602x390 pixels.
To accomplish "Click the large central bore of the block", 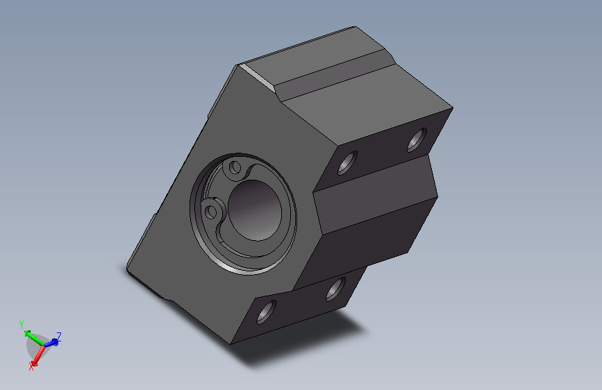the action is coord(255,210).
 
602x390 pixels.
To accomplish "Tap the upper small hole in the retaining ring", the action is coord(235,167).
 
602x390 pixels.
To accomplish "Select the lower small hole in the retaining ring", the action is coord(211,212).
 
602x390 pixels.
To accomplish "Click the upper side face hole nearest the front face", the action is coord(347,163).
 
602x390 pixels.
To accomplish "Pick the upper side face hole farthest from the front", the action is coord(417,139).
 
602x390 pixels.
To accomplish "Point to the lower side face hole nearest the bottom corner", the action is coord(266,312).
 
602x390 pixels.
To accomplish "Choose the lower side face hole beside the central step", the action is coord(335,289).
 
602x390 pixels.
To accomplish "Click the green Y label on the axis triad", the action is coord(22,324).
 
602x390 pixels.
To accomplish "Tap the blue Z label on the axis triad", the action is coord(59,337).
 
